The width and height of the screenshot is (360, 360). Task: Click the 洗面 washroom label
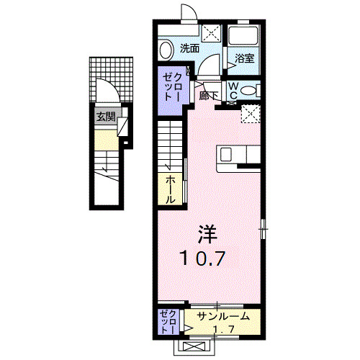point(190,49)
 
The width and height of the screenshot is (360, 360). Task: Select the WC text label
point(235,90)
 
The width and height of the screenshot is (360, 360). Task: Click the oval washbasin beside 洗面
point(166,50)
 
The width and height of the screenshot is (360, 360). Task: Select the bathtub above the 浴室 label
point(243,38)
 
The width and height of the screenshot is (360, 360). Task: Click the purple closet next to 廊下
point(172,86)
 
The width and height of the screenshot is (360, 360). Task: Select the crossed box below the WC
point(251,114)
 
